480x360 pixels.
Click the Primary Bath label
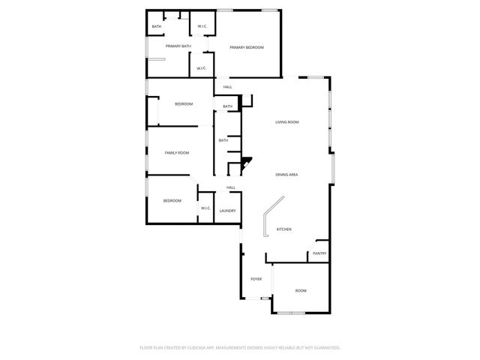178,46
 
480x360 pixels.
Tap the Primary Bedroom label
247,47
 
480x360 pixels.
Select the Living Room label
286,122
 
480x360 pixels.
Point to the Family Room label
177,153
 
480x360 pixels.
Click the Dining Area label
286,175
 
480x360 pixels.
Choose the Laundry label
227,211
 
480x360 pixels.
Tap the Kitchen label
284,229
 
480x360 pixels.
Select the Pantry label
319,253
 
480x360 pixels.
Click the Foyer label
256,279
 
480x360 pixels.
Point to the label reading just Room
301,290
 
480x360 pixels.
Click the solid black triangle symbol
246,162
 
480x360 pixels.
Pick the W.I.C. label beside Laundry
205,208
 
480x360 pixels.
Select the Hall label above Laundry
231,187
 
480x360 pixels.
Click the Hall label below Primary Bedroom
227,87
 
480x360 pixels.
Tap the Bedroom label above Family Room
184,103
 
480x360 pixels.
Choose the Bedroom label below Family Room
172,200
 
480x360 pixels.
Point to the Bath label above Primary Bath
156,27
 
